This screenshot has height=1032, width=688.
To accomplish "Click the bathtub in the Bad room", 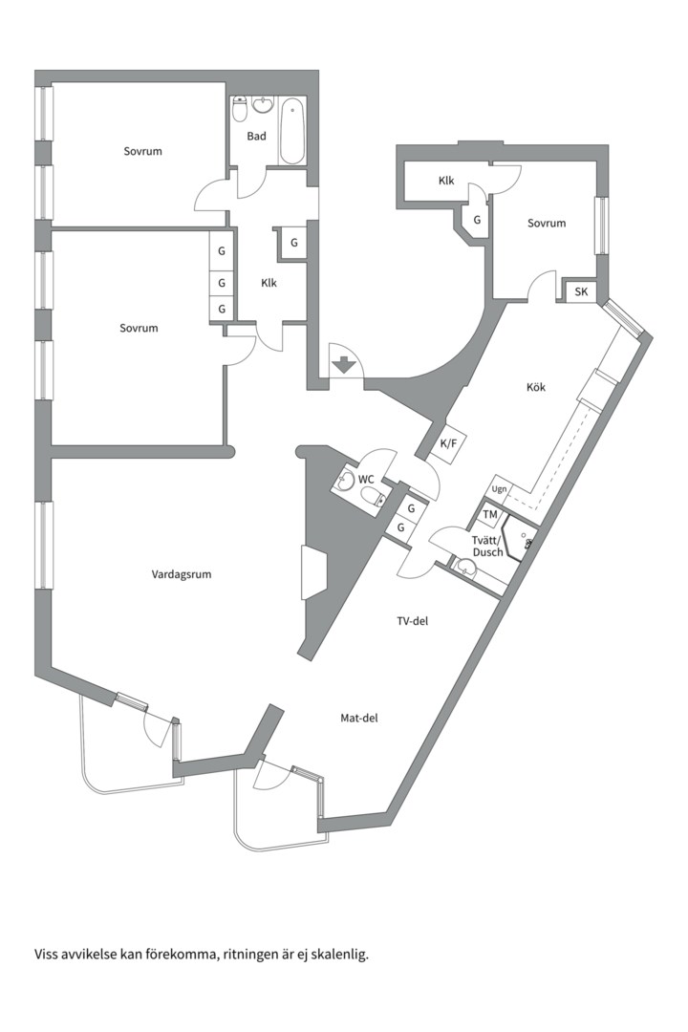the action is (x=291, y=131).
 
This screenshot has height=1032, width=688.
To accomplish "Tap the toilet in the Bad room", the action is (x=240, y=109).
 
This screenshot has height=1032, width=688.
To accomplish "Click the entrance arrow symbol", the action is (x=344, y=365).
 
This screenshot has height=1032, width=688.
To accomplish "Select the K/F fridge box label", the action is (x=448, y=443).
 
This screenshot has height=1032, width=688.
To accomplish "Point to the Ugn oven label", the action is (x=500, y=489).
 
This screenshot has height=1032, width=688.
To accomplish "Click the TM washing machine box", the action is (x=490, y=515).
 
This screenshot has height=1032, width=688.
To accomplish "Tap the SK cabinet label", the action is (x=581, y=291).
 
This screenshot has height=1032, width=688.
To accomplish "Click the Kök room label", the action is (x=536, y=388).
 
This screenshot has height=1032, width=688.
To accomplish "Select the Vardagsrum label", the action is (x=182, y=574).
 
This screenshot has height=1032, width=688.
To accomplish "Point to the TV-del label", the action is (x=412, y=621).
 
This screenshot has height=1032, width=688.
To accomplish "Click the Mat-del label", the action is (x=359, y=719).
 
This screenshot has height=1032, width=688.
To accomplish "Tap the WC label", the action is (x=366, y=479).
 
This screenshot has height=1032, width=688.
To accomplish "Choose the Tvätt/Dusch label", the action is (x=487, y=547).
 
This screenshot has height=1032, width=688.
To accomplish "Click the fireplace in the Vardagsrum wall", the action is (x=313, y=572).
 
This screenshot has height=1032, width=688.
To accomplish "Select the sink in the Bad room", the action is (x=264, y=106).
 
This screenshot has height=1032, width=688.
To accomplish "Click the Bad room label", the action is (x=257, y=137).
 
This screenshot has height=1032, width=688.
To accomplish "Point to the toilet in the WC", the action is (x=372, y=496).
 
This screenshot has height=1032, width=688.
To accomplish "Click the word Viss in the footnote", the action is (x=45, y=955).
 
